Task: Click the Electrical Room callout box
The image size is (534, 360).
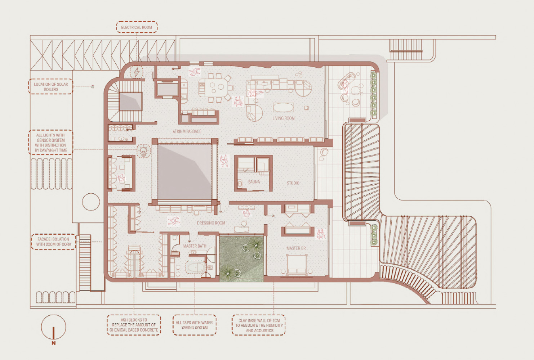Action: (137, 27)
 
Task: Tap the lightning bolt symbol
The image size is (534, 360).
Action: (137, 72)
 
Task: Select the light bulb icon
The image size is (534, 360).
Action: (143, 151)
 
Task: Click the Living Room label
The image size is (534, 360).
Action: (284, 118)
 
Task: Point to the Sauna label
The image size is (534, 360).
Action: (254, 182)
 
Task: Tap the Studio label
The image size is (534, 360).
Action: (293, 183)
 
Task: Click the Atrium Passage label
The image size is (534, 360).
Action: (187, 131)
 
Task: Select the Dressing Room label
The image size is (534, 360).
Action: (211, 223)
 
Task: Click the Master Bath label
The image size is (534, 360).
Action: (195, 246)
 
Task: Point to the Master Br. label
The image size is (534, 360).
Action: (296, 248)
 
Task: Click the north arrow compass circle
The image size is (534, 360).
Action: (53, 327)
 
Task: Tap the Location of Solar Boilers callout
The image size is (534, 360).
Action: (51, 86)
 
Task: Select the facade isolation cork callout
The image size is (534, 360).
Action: (54, 242)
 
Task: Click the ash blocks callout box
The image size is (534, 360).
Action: (134, 325)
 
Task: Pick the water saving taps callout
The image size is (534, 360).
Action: (194, 325)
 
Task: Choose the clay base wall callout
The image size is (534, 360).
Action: (259, 325)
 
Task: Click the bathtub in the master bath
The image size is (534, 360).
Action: (196, 267)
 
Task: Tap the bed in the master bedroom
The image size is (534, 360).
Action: (297, 264)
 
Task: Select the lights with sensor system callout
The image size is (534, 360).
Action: (51, 143)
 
